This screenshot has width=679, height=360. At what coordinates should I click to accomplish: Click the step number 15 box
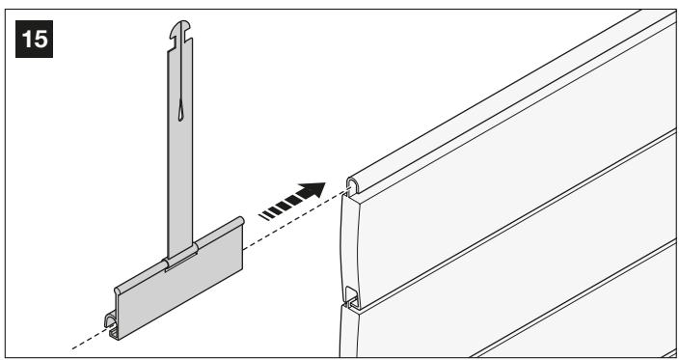coord(34,39)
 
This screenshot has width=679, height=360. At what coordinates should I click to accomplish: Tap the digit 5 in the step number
coord(41,39)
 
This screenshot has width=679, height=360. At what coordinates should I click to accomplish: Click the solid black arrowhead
coord(312,190)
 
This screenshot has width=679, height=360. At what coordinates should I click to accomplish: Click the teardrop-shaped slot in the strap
coord(180,109)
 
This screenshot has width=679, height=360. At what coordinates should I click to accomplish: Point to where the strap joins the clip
coord(180,258)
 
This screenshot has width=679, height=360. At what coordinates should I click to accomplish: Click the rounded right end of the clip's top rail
coord(240,221)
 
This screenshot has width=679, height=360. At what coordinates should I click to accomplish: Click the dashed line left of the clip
coord(89,339)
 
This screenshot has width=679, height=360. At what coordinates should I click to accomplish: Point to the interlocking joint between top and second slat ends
coord(352,299)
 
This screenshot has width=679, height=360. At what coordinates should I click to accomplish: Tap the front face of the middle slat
coord(520,277)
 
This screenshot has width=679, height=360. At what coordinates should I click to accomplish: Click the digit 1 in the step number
coord(26,39)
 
